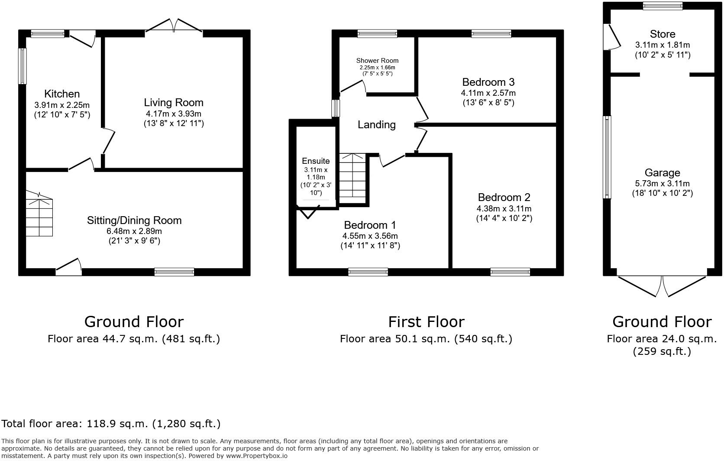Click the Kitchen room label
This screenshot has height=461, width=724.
click(x=62, y=94)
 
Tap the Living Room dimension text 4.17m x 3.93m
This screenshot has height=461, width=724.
click(x=174, y=114)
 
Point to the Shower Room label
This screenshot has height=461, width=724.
click(x=377, y=61)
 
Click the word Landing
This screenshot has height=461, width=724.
click(x=376, y=125)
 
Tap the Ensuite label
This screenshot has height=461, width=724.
click(x=316, y=161)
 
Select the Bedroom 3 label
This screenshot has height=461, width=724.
click(x=488, y=82)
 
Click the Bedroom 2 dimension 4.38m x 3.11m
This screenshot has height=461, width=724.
click(x=504, y=208)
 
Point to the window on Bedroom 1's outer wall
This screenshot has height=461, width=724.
click(x=368, y=272)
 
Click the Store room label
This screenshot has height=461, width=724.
click(x=662, y=34)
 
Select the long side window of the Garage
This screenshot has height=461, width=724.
click(x=607, y=157)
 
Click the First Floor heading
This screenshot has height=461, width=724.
click(x=426, y=322)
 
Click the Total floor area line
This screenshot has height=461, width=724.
click(x=111, y=424)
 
